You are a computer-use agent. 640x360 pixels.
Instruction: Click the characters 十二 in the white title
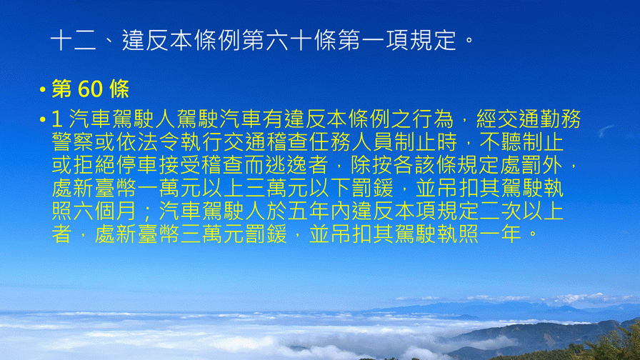pyautogui.click(x=73, y=41)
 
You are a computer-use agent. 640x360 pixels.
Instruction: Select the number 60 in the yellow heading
pyautogui.click(x=91, y=89)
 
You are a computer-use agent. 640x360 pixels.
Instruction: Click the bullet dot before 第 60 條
pyautogui.click(x=42, y=89)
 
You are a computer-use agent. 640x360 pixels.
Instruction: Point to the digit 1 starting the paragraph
pyautogui.click(x=56, y=119)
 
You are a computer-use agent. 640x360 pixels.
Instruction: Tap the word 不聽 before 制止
pyautogui.click(x=500, y=142)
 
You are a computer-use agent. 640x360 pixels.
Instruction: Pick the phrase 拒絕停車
pyautogui.click(x=116, y=165)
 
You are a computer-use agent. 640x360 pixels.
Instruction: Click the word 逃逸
pyautogui.click(x=287, y=165)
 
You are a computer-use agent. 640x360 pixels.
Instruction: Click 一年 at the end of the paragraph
pyautogui.click(x=500, y=234)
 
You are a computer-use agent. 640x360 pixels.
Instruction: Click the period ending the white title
pyautogui.click(x=469, y=40)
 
